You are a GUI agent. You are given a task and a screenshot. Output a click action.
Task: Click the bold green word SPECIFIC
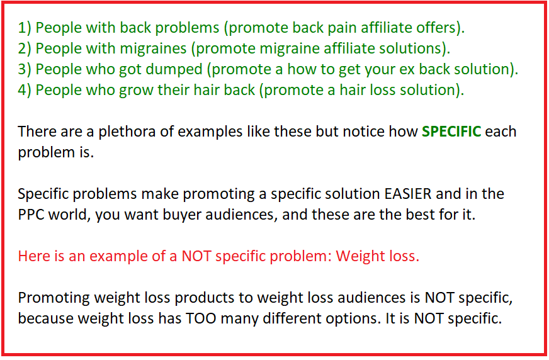tap(451, 132)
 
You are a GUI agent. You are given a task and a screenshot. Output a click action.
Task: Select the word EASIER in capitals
tap(407, 194)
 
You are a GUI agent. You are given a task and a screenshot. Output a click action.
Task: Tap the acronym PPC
tap(31, 215)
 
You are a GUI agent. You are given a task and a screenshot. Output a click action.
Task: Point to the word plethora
tap(127, 132)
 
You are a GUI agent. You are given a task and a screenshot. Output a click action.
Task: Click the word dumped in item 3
tap(174, 70)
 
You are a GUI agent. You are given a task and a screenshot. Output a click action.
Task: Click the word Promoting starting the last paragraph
tap(54, 298)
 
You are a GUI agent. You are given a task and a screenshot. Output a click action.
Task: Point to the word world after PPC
tap(69, 215)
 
